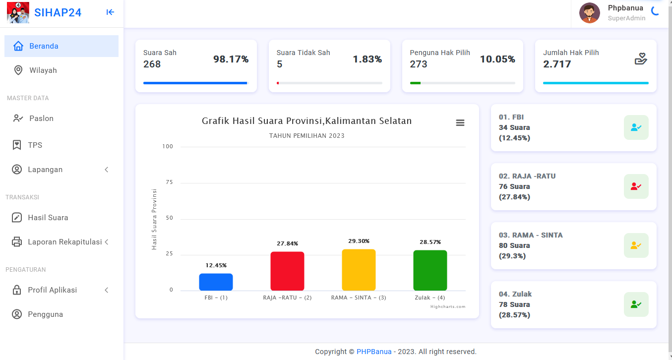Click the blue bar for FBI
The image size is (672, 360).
[x=216, y=282]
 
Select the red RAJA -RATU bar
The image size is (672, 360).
[x=287, y=271]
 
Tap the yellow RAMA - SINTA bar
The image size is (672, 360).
[x=359, y=270]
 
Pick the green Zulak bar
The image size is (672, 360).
[x=430, y=270]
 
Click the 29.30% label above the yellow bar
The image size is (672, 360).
[x=359, y=241]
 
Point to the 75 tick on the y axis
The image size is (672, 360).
[x=169, y=182]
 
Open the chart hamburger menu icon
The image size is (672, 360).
[x=460, y=123]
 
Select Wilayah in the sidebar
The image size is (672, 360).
[x=43, y=70]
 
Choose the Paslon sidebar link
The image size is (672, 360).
[x=41, y=119]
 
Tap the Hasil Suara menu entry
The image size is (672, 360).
[x=48, y=218]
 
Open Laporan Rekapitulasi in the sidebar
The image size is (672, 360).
[x=64, y=242]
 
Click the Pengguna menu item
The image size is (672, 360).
[x=45, y=314]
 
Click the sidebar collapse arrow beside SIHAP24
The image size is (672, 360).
[x=110, y=12]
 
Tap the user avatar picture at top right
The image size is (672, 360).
[x=590, y=13]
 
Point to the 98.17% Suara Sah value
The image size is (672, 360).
[x=231, y=60]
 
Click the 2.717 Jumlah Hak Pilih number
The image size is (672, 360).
[x=557, y=64]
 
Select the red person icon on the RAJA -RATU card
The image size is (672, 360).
[x=636, y=186]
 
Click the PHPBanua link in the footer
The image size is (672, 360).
[x=374, y=352]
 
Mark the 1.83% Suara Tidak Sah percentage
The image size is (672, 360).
[x=367, y=60]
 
